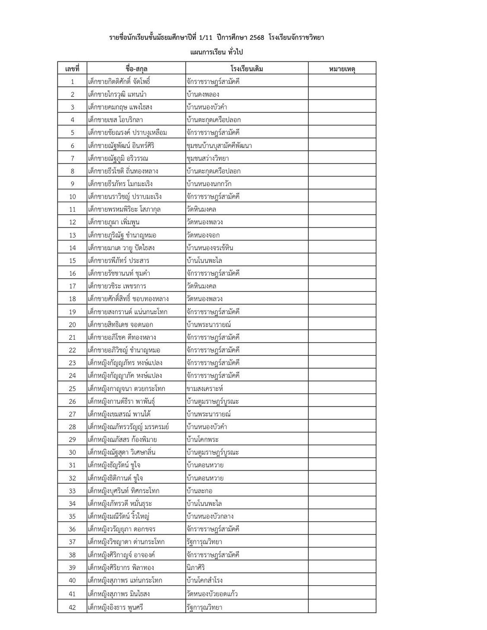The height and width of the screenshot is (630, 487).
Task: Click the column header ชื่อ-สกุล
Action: coord(136,68)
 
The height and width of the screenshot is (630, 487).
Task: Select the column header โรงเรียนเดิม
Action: coord(247,68)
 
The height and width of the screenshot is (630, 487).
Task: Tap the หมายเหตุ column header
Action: coord(342,68)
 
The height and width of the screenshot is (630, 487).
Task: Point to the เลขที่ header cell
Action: coord(72,68)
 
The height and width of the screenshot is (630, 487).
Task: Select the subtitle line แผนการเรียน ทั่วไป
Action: coord(217,52)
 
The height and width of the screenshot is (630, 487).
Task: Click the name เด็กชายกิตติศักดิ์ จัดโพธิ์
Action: coord(119,81)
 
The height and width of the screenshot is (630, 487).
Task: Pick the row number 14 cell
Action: coord(72,248)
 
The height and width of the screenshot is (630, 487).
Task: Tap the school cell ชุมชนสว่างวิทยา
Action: coord(208,158)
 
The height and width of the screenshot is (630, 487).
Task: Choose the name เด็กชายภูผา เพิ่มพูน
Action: coord(113,222)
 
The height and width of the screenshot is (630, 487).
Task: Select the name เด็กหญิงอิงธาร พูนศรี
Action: coord(115,607)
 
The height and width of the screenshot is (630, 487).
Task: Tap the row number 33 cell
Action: coord(72,491)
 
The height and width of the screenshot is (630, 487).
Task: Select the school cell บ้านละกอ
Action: coord(199,491)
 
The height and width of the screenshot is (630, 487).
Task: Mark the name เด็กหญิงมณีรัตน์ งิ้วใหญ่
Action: coord(119,517)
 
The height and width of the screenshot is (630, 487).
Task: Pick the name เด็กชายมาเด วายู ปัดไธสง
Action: coord(121,248)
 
